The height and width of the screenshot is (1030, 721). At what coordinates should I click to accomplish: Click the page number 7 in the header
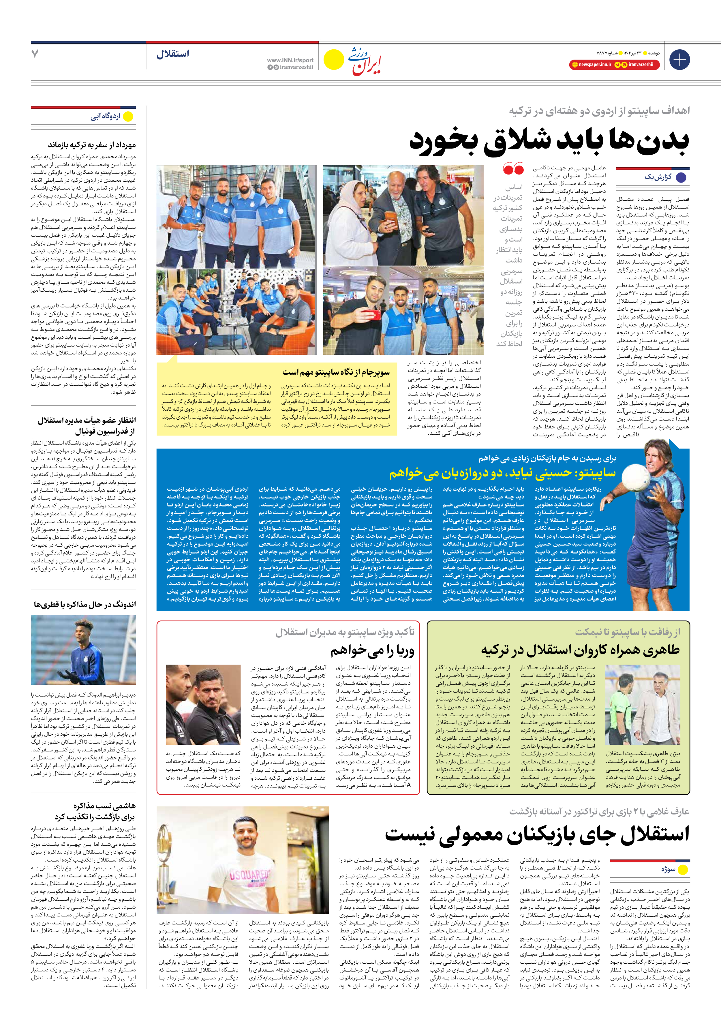(x=35, y=54)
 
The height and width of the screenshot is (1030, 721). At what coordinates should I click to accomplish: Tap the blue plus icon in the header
(x=679, y=60)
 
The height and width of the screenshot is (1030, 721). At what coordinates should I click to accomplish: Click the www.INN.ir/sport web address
(x=290, y=60)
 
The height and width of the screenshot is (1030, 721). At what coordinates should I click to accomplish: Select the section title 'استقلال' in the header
(x=173, y=54)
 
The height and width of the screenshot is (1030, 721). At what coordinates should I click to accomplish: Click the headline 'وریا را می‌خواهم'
(x=372, y=650)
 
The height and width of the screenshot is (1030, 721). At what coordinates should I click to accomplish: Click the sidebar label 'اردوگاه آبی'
(x=106, y=117)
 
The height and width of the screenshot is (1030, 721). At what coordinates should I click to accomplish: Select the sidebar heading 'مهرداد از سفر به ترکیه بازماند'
(x=92, y=145)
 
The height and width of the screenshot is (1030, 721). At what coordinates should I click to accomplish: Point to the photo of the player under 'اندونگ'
(x=83, y=649)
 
